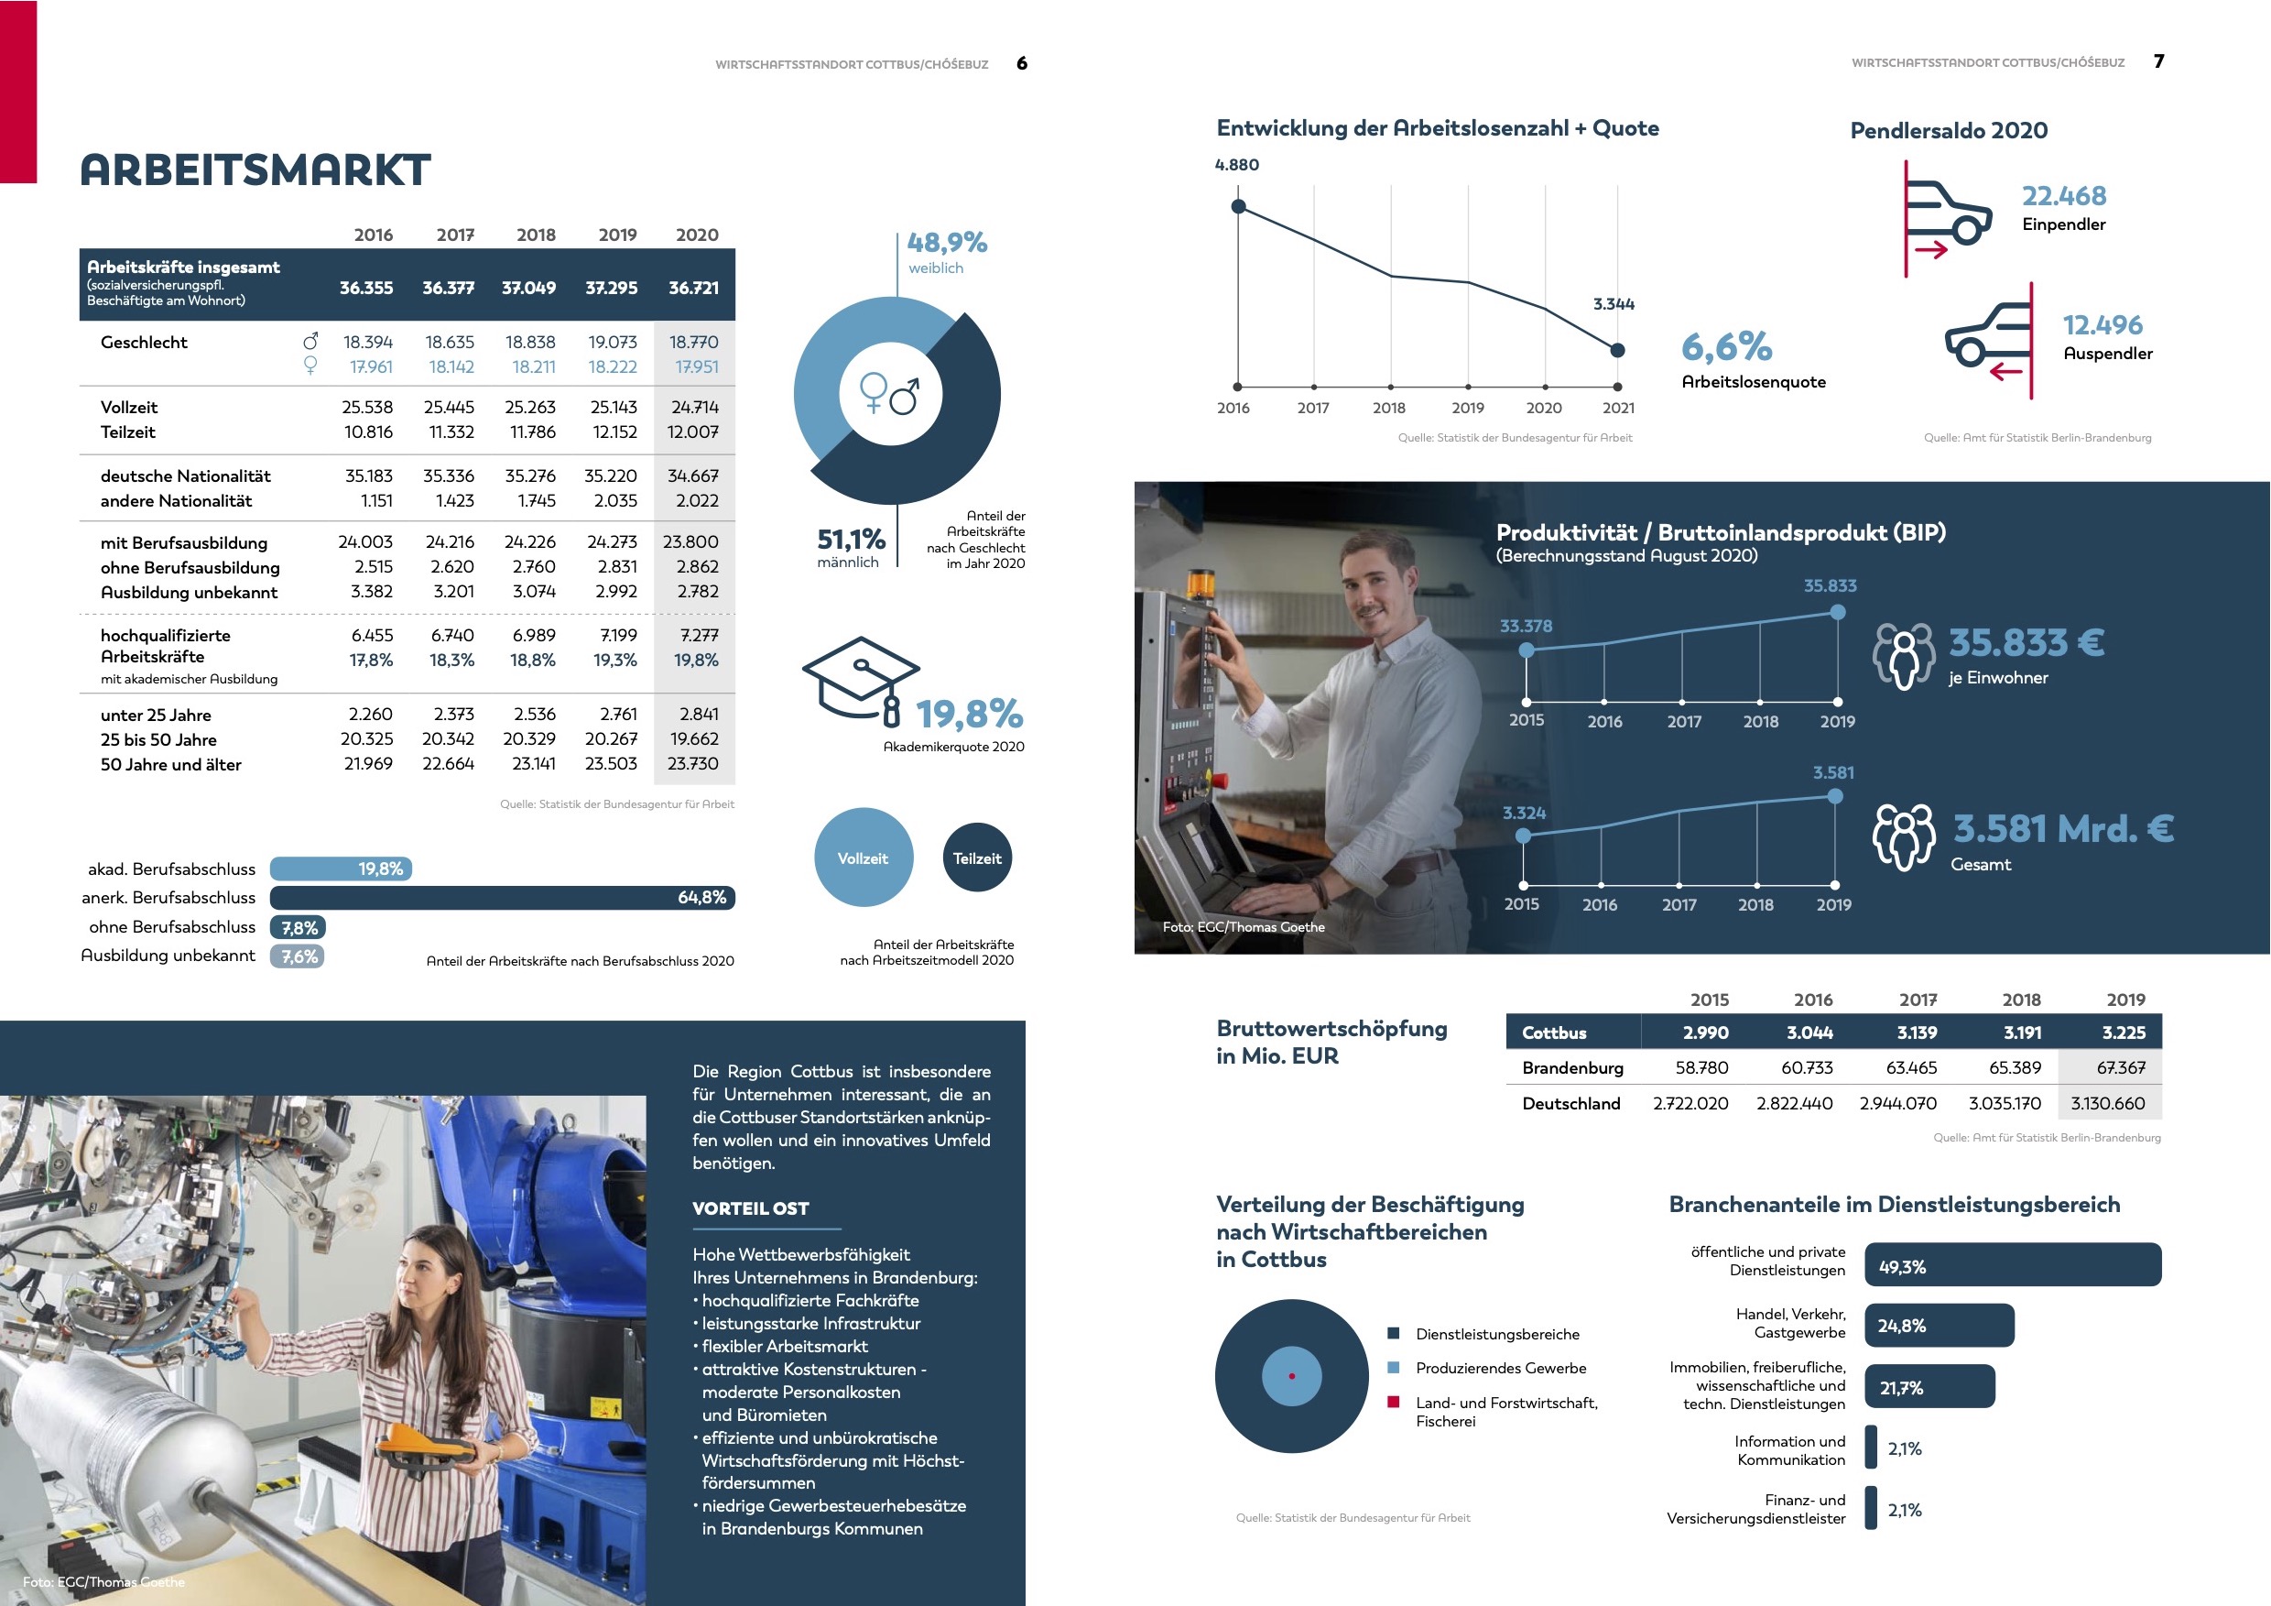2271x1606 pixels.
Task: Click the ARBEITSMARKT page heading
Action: coord(255,170)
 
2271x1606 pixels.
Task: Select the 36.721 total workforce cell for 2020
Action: coord(693,288)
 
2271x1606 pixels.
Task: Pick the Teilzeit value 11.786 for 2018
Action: coord(532,432)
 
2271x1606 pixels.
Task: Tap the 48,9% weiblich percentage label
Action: coord(947,243)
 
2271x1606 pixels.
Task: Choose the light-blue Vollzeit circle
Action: coord(863,858)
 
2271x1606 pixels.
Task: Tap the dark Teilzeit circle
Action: coord(977,858)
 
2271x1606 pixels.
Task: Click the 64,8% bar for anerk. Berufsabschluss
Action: coord(503,898)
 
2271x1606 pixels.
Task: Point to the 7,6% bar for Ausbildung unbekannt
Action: coord(298,956)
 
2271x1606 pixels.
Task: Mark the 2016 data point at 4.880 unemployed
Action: coord(1238,206)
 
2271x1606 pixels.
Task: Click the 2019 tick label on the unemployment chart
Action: coord(1468,408)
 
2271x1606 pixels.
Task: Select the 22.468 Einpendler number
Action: coord(2063,196)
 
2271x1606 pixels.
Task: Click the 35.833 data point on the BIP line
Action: coord(1838,613)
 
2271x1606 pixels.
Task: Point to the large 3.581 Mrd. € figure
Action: coord(2062,828)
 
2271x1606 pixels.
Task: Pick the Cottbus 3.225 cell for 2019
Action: coord(2124,1032)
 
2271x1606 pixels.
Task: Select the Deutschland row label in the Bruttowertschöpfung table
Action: coord(1570,1103)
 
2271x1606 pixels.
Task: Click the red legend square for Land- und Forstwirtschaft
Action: coord(1394,1402)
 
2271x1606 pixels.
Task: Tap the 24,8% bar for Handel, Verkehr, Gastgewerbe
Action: coord(1939,1326)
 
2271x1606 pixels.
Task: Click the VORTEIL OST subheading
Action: coord(751,1208)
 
